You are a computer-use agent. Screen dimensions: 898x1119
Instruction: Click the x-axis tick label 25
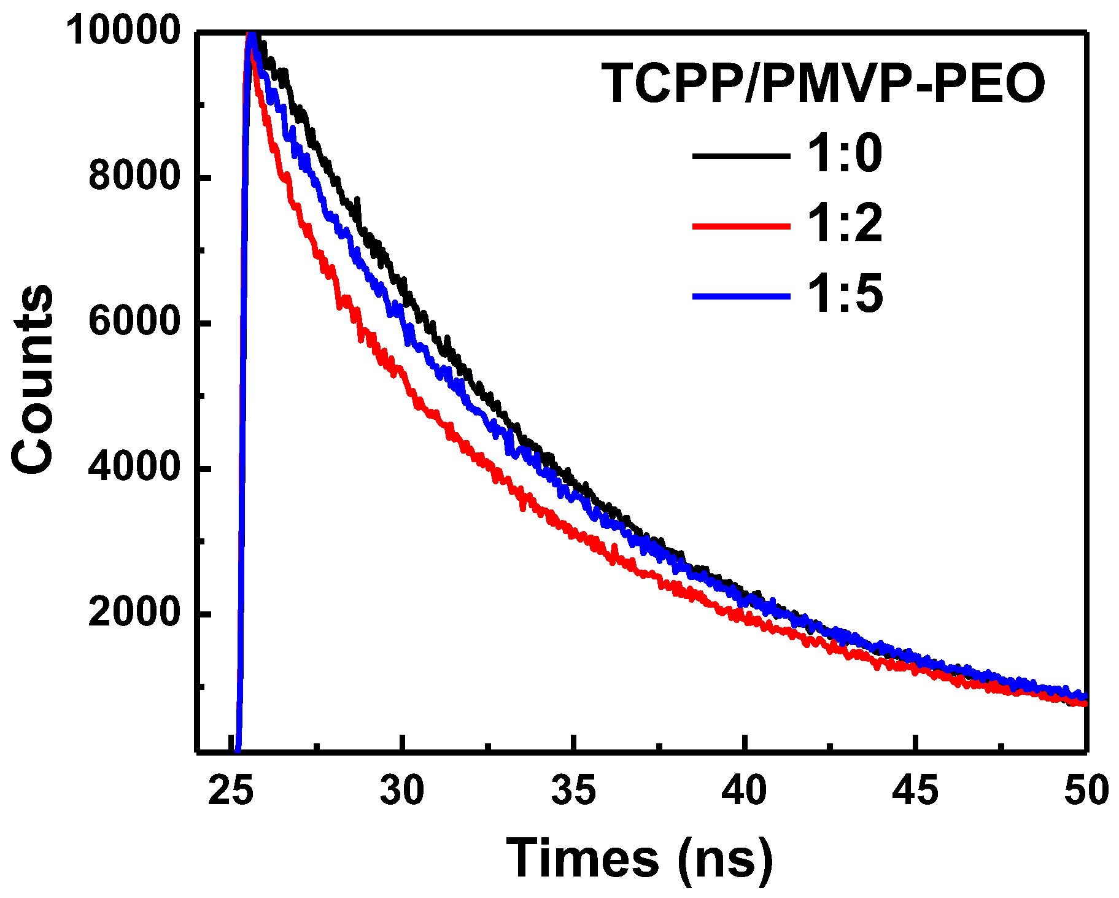pyautogui.click(x=231, y=791)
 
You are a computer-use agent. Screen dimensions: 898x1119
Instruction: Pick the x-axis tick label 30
pyautogui.click(x=402, y=791)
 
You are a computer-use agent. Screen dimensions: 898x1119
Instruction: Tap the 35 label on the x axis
pyautogui.click(x=573, y=791)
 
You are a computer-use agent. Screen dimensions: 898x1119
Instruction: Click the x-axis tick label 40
pyautogui.click(x=744, y=791)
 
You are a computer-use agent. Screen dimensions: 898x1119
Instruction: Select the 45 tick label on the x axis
pyautogui.click(x=915, y=791)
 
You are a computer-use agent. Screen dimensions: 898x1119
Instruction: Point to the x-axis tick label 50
pyautogui.click(x=1085, y=791)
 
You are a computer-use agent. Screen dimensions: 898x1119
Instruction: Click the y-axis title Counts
pyautogui.click(x=34, y=379)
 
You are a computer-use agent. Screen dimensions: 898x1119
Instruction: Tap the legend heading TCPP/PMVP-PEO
pyautogui.click(x=823, y=84)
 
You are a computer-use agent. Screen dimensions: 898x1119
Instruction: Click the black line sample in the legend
pyautogui.click(x=741, y=156)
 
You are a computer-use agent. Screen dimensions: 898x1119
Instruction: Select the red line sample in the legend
pyautogui.click(x=741, y=226)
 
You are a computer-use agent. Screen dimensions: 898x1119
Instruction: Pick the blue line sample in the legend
pyautogui.click(x=741, y=297)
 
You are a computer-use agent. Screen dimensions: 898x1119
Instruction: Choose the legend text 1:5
pyautogui.click(x=844, y=295)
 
